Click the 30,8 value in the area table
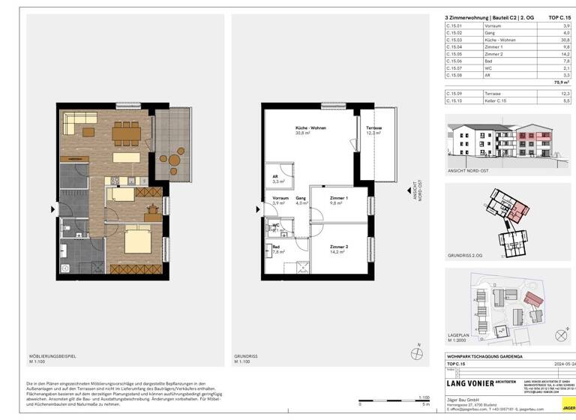(565, 39)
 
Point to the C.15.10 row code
(454, 100)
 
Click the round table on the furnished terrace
(175, 159)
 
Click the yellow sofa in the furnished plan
(78, 119)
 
